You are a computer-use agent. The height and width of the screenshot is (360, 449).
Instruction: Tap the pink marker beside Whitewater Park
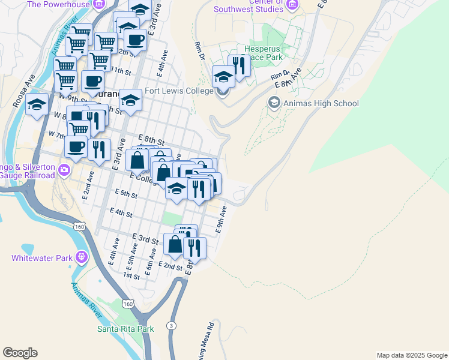coord(80,258)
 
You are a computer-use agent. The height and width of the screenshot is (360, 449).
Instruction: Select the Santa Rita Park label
coord(125,328)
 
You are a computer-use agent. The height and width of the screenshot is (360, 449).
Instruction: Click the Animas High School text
coord(321,103)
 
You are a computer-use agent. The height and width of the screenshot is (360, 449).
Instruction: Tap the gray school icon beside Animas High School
coord(273,103)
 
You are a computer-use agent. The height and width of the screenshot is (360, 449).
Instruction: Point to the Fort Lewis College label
coord(179,91)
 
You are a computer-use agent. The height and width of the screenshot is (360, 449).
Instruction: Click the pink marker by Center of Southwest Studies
coord(292,5)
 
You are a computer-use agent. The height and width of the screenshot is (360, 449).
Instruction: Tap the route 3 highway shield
coord(172,325)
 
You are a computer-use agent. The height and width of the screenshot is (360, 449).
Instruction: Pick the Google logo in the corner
coord(20,353)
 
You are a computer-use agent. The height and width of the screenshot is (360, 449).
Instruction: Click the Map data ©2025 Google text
coord(411,355)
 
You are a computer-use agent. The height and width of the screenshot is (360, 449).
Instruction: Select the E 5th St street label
coord(126,194)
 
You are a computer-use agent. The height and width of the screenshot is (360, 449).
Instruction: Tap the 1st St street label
coord(131,276)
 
